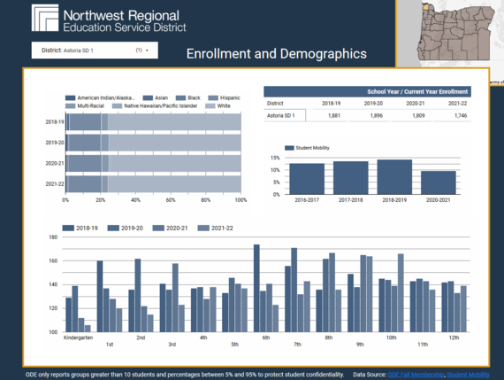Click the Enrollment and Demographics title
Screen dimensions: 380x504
(x=277, y=54)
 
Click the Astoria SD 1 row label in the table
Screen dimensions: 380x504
(x=284, y=115)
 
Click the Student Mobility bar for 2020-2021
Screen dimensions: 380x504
(x=438, y=182)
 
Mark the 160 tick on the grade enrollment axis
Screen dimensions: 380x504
(x=53, y=261)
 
